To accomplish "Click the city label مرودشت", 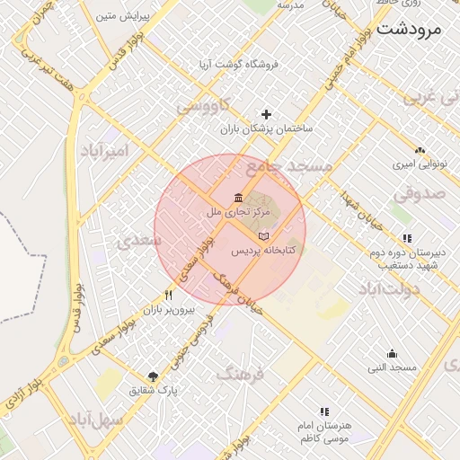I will tap(411, 28).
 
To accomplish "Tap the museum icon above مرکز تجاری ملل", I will tap(237, 198).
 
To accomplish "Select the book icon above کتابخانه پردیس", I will tap(263, 236).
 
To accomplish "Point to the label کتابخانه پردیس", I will tap(265, 251).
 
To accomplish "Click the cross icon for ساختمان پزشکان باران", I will tap(266, 114).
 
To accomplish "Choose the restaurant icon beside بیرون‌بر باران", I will tap(168, 295).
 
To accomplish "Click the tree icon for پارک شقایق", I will tap(153, 376).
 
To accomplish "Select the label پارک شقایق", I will tap(155, 391).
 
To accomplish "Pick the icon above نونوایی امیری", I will tap(419, 151).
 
